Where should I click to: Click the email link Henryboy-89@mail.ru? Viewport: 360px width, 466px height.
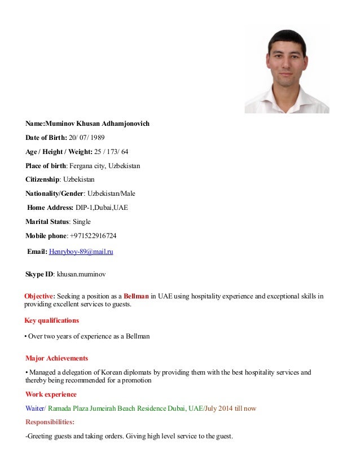tap(81, 252)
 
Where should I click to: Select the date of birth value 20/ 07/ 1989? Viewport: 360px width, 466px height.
tap(87, 137)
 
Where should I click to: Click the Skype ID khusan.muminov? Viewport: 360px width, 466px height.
tap(81, 274)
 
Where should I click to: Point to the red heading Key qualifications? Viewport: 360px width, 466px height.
tap(51, 320)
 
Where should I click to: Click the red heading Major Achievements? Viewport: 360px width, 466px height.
tap(56, 358)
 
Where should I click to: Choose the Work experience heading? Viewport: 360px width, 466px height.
tap(51, 394)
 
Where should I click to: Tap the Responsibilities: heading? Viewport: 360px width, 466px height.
tap(50, 421)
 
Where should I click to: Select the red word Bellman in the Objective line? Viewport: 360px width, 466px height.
tap(136, 296)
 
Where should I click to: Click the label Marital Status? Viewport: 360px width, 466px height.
tap(46, 221)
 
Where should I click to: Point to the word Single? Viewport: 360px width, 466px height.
tap(81, 221)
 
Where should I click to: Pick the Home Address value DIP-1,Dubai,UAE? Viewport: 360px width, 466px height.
tap(102, 207)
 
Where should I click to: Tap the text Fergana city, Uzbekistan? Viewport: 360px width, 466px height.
tap(104, 165)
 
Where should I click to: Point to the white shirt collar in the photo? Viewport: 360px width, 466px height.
tap(287, 97)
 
